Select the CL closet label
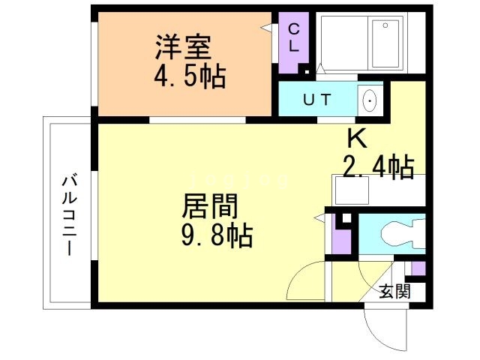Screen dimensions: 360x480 pos(293,37)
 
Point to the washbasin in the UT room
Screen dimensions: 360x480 pos(370,100)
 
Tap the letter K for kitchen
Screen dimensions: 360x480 pos(355,138)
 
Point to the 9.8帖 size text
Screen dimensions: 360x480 pos(217,236)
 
